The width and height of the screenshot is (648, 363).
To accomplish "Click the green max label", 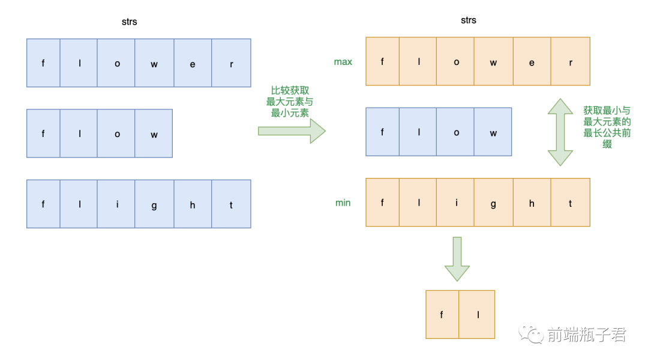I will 343,62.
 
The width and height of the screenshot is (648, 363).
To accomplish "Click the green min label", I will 343,203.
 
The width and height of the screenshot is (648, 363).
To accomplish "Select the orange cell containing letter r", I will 571,61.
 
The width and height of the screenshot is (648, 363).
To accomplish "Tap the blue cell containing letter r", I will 231,63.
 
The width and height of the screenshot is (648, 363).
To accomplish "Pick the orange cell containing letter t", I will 571,203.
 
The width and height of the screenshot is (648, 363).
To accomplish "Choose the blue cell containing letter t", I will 231,204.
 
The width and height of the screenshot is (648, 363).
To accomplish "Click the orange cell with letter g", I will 493,203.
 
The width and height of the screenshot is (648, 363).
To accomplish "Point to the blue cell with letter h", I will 193,204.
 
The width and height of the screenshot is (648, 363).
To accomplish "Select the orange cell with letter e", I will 532,61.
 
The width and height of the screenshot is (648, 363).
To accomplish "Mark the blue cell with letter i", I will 116,204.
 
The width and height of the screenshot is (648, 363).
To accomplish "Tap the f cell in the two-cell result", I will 442,314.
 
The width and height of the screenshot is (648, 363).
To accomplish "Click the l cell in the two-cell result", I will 478,314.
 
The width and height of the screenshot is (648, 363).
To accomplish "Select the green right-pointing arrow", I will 292,130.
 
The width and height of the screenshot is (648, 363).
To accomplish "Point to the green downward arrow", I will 457,258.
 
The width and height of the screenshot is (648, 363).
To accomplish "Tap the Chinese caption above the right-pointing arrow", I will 290,102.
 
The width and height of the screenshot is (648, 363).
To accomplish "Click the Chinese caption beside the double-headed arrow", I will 607,127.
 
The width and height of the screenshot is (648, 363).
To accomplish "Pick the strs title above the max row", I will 469,20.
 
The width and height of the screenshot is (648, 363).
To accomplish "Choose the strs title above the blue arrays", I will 129,22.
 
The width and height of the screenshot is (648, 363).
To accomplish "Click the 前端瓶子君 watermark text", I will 586,335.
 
